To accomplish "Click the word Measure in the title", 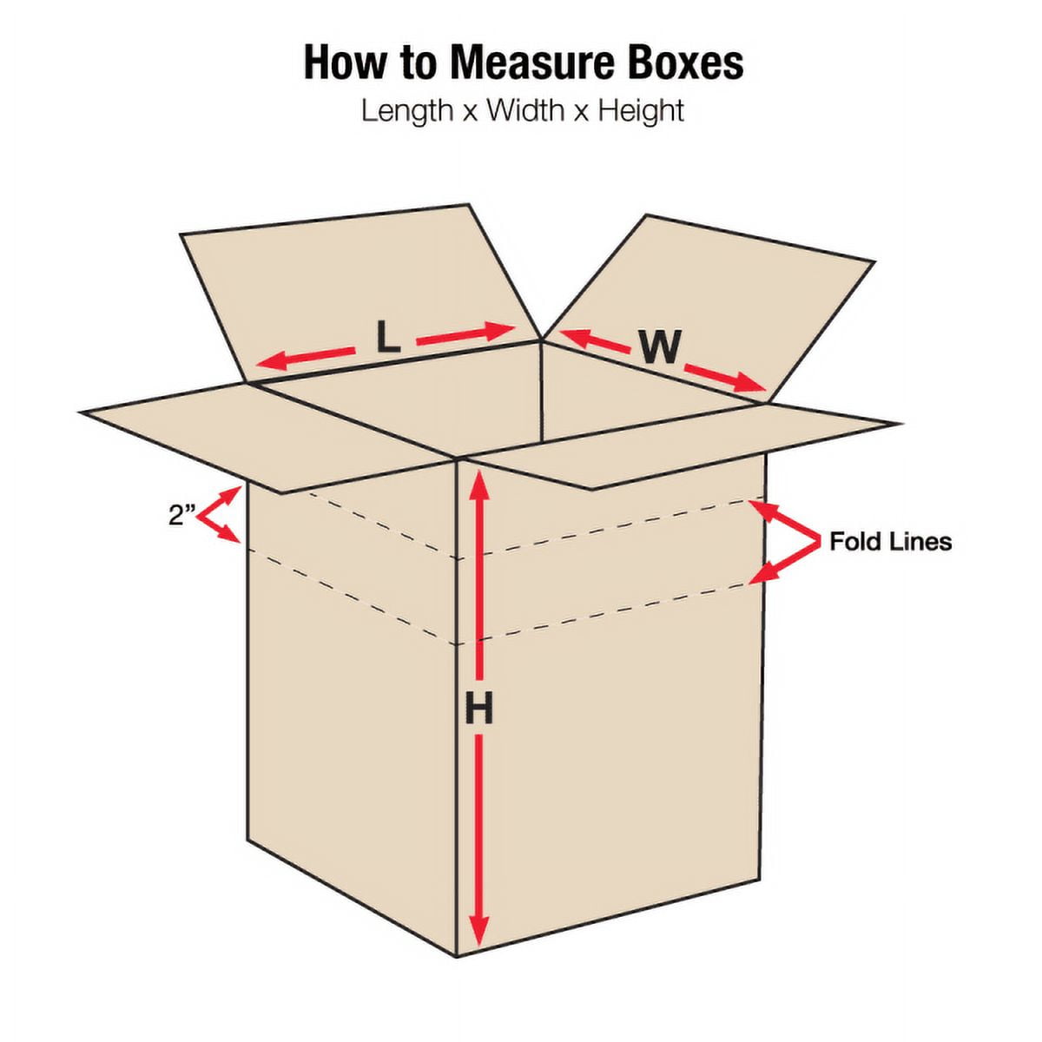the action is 532,63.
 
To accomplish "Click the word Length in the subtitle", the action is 407,111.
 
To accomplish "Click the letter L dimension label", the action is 387,339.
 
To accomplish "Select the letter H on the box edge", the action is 479,709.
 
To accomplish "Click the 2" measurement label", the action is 182,514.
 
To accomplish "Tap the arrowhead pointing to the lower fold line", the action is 763,574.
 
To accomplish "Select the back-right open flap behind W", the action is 709,308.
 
